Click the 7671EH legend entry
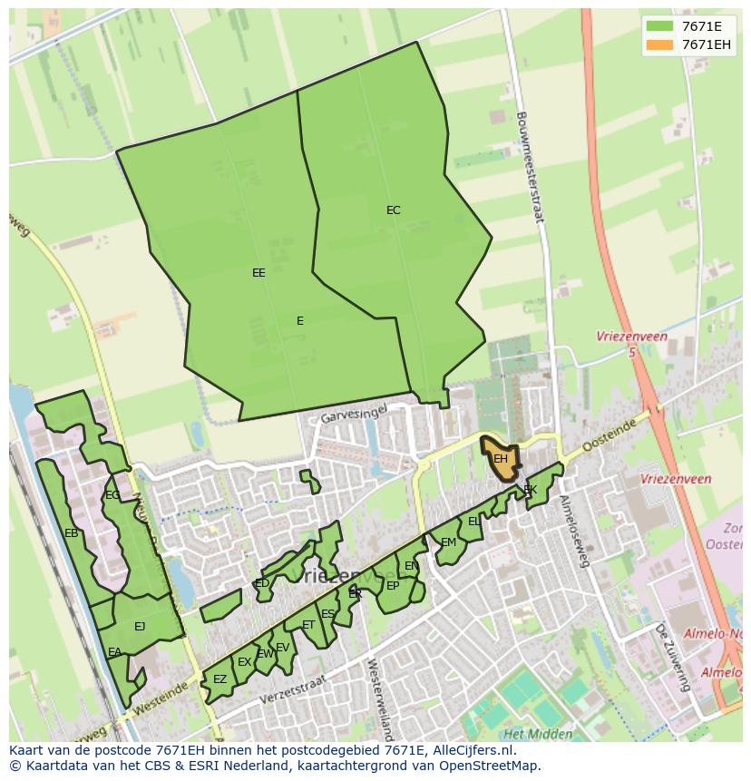pyautogui.click(x=706, y=44)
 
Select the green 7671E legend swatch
pyautogui.click(x=659, y=25)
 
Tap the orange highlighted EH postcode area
pyautogui.click(x=501, y=458)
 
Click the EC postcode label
pyautogui.click(x=393, y=210)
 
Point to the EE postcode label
pyautogui.click(x=258, y=272)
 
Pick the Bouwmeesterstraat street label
pyautogui.click(x=530, y=168)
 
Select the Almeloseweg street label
pyautogui.click(x=574, y=531)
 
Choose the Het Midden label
pyautogui.click(x=538, y=734)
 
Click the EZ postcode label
pyautogui.click(x=219, y=678)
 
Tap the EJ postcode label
pyautogui.click(x=140, y=626)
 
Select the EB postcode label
pyautogui.click(x=71, y=533)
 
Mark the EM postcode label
pyautogui.click(x=448, y=542)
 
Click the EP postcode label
pyautogui.click(x=393, y=586)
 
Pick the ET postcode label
pyautogui.click(x=308, y=625)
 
